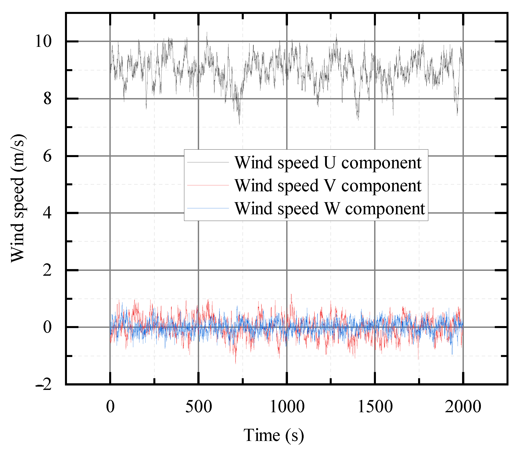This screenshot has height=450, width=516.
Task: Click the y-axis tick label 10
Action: coord(43,42)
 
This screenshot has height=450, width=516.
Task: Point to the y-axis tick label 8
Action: coord(47,99)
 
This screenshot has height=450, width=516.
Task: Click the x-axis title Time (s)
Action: coord(274,435)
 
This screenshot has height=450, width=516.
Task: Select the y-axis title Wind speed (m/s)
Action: coord(18,198)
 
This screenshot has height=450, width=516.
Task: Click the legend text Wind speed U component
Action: coord(328,163)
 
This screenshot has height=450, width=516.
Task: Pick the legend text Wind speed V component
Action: coord(328,186)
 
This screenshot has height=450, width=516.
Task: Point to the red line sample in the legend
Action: coord(208,185)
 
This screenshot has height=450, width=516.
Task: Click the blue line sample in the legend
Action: coord(208,208)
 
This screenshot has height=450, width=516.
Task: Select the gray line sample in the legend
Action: coord(208,162)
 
